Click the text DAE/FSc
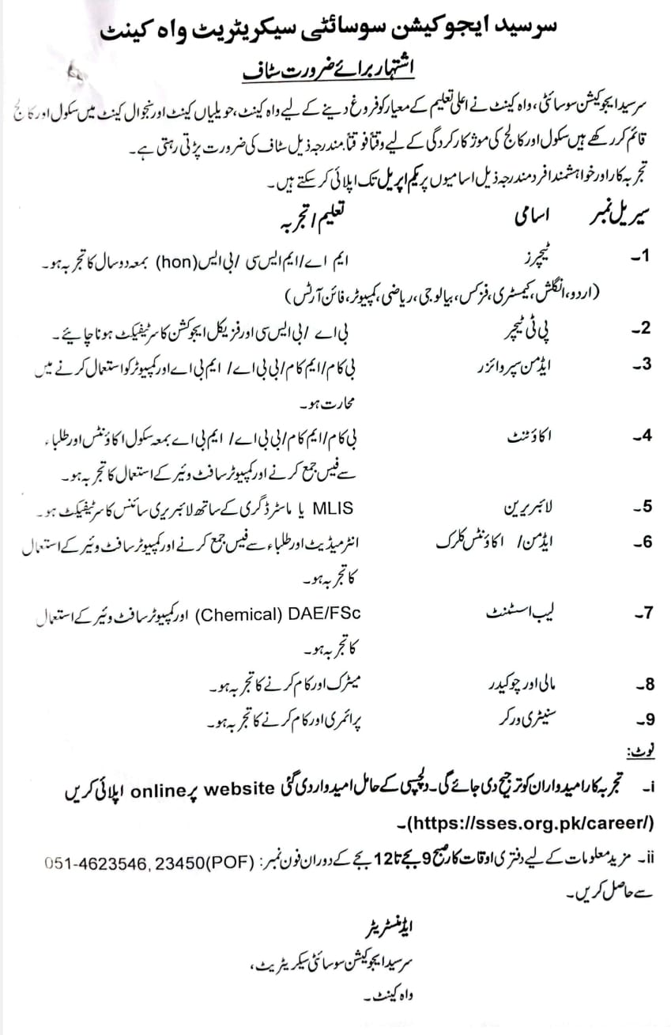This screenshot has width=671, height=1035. point(328,611)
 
